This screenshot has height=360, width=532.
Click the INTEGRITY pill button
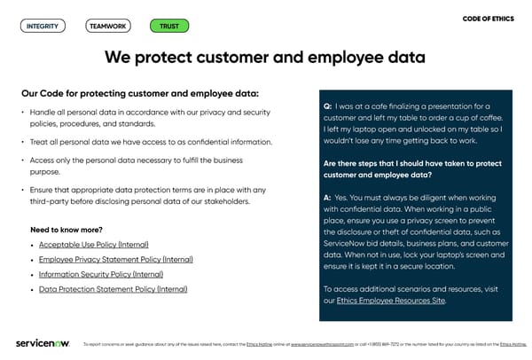tap(43, 26)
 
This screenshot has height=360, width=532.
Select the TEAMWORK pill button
tap(107, 26)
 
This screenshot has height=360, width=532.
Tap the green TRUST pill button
tap(168, 26)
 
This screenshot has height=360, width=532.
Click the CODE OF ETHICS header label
tap(489, 19)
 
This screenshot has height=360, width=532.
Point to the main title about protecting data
tap(265, 58)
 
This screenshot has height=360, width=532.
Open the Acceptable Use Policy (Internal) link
tap(94, 244)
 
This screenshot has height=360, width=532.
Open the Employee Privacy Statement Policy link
tap(115, 259)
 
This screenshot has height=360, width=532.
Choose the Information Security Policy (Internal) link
tap(101, 274)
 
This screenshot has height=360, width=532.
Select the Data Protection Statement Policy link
tap(113, 289)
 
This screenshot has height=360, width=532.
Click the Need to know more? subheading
tap(66, 230)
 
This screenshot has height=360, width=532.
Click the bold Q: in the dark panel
tap(328, 106)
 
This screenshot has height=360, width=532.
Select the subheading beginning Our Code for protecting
tap(140, 93)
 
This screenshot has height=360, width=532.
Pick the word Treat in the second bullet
tap(40, 142)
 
